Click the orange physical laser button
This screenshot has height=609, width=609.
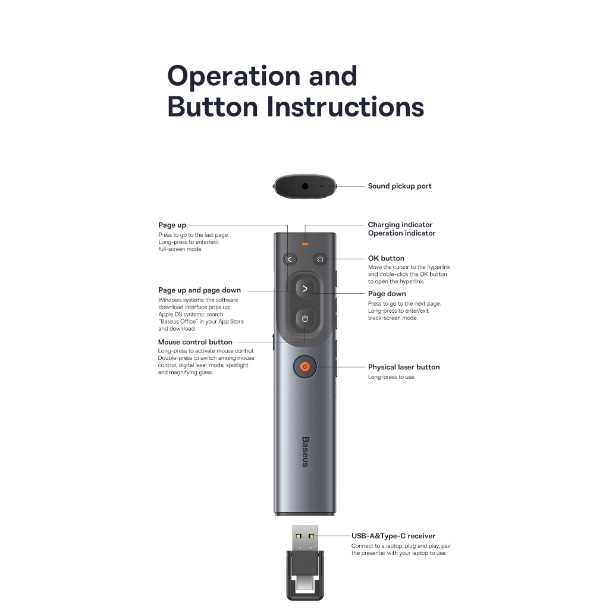tap(305, 366)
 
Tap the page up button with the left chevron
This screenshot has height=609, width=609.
tap(290, 259)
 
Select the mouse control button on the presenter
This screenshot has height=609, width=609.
tap(305, 319)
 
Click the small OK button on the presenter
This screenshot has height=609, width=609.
tap(320, 259)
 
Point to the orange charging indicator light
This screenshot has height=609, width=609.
tap(305, 244)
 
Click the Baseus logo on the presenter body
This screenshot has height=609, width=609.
tap(305, 452)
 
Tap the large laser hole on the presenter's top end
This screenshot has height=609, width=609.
tap(305, 186)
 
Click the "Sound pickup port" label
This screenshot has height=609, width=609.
tap(400, 186)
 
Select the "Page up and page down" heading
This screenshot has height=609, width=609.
tap(199, 290)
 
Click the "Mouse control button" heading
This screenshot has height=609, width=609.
tap(195, 342)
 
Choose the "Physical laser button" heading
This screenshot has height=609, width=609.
tap(404, 367)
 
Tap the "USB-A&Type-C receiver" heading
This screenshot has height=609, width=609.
tap(394, 536)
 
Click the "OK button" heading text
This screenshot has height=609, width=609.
tap(386, 258)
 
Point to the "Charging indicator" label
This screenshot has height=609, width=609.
tap(400, 224)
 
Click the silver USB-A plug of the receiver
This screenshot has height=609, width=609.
tap(305, 538)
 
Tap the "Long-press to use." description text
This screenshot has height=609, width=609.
tap(391, 377)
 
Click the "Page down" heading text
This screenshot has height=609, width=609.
tap(387, 294)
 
